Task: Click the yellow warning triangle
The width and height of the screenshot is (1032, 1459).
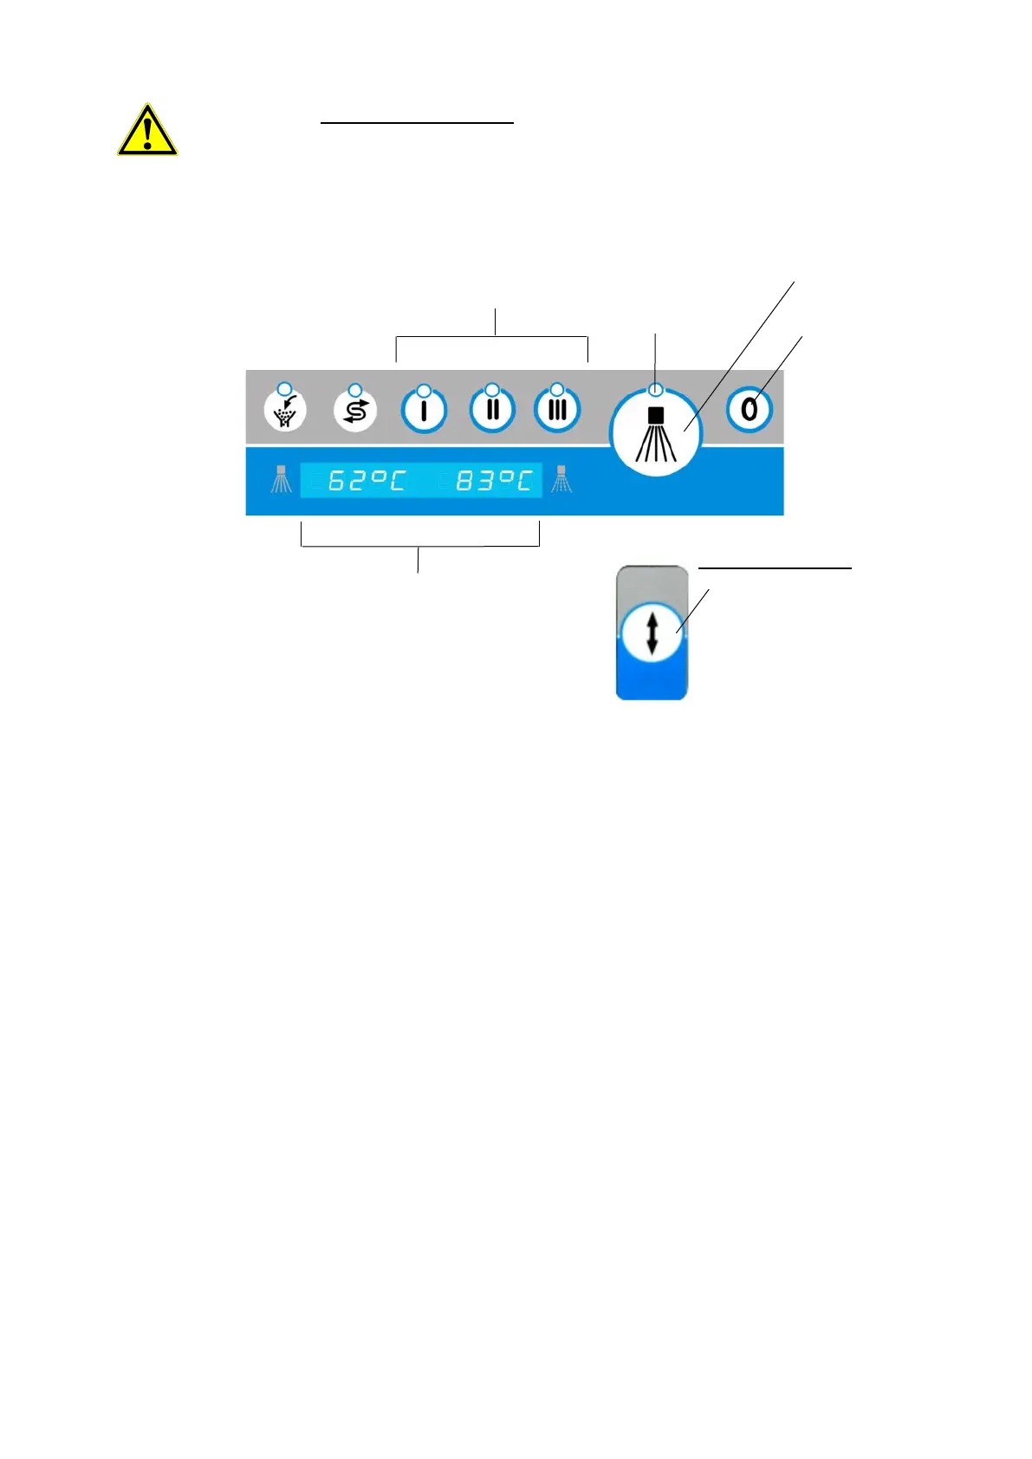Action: (147, 132)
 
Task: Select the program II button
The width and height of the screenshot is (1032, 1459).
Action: (492, 410)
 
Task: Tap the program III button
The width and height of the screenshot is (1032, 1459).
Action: (557, 410)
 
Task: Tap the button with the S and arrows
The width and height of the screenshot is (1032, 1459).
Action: (355, 411)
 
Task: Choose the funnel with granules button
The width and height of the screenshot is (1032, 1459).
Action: (285, 411)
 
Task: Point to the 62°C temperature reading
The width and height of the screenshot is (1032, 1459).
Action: (367, 480)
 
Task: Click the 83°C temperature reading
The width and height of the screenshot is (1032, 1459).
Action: (493, 480)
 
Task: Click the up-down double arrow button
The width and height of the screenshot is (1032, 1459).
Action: (652, 633)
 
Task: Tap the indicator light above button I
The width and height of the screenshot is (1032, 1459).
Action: (424, 390)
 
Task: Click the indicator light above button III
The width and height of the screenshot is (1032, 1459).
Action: (557, 389)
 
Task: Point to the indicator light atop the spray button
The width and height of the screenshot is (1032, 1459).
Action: (656, 389)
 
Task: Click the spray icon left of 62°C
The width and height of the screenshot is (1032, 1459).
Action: (281, 479)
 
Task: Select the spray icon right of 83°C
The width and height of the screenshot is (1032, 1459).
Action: (561, 479)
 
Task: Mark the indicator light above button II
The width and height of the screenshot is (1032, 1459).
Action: (492, 389)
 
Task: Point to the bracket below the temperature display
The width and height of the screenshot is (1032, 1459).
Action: (419, 546)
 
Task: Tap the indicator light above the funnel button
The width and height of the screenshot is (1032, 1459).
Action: (284, 388)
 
